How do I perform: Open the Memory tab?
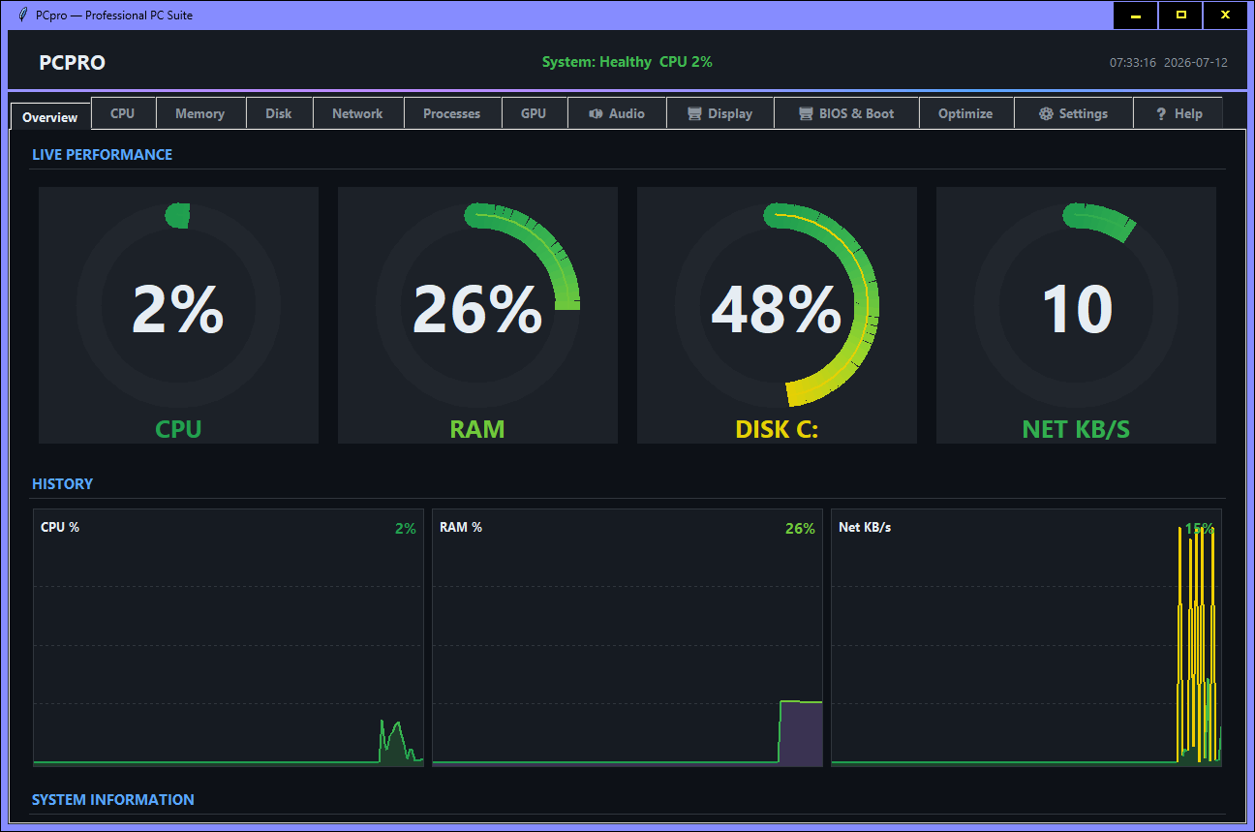pos(200,113)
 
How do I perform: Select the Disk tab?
pos(279,113)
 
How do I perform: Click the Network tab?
pos(357,113)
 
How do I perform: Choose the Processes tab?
pos(451,113)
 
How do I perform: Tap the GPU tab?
pos(534,113)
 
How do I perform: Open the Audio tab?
pos(616,113)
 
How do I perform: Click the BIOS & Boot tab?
pos(846,113)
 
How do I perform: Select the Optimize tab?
pos(965,113)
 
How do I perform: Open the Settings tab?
pos(1073,113)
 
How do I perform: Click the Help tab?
pos(1178,113)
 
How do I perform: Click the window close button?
pos(1225,15)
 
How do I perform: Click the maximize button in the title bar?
pos(1180,15)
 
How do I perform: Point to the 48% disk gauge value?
pos(776,309)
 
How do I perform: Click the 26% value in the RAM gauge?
pos(477,309)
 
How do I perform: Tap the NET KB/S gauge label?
pos(1076,429)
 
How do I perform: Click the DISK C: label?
pos(777,429)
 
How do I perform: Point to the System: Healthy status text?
pos(597,62)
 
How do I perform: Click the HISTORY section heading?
pos(62,483)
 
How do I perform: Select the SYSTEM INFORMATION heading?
pos(112,799)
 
